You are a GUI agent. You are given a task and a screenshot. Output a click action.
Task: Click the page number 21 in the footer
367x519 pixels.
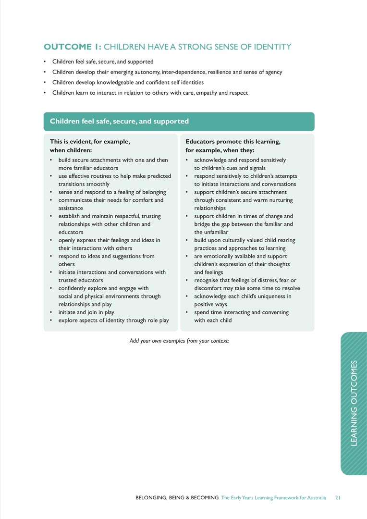(x=337, y=498)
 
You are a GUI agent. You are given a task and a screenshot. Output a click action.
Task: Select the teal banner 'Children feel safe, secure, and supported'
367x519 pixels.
(x=119, y=122)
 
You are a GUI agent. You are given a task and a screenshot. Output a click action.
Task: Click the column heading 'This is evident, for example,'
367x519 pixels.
(x=90, y=142)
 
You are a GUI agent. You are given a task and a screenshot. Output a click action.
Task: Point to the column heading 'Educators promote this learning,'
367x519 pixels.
(x=233, y=142)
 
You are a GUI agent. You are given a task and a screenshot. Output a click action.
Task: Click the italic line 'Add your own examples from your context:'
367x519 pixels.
(x=179, y=341)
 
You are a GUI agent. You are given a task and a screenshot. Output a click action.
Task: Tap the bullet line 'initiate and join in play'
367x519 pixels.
(x=86, y=312)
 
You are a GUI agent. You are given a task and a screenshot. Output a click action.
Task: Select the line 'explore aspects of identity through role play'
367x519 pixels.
(x=113, y=320)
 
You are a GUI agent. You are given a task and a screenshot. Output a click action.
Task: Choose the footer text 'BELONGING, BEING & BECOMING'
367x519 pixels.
(x=177, y=498)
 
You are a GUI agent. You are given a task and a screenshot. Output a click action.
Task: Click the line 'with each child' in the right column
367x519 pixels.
(x=213, y=320)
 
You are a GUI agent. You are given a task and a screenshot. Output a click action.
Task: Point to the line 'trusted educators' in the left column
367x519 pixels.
(x=81, y=280)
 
